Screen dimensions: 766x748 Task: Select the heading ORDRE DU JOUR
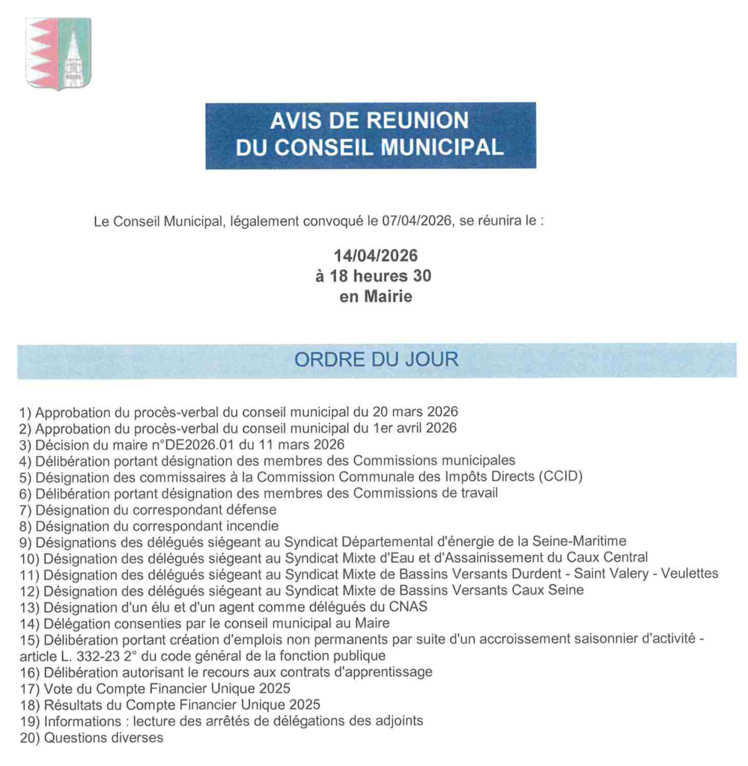pyautogui.click(x=376, y=359)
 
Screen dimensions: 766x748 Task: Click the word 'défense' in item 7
pyautogui.click(x=251, y=509)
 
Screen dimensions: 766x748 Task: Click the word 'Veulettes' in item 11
pyautogui.click(x=688, y=574)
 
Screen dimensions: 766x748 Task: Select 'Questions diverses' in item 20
pyautogui.click(x=103, y=738)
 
